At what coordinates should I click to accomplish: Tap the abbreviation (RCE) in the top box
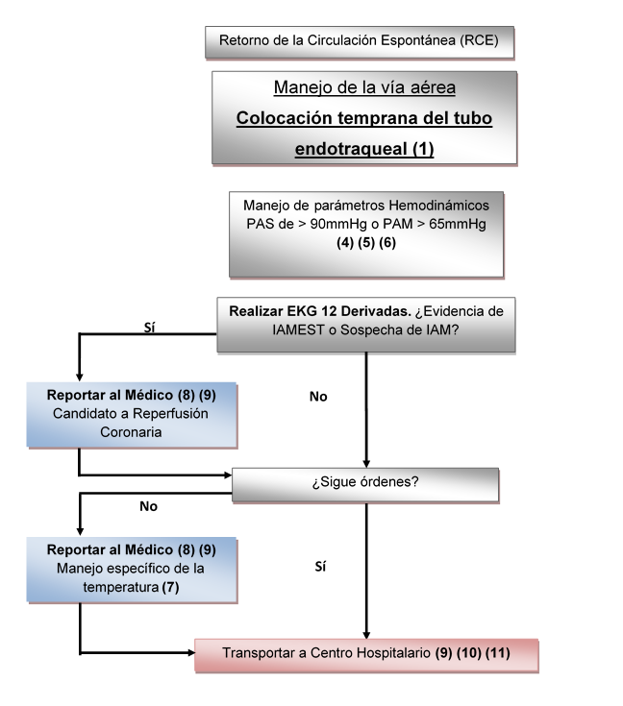(480, 41)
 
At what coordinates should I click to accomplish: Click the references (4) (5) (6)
(365, 242)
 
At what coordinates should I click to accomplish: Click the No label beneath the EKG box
(318, 396)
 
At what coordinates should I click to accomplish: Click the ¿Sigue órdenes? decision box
(364, 483)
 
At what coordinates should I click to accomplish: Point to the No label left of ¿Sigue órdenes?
(148, 504)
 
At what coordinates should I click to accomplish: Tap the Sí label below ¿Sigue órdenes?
(320, 568)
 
